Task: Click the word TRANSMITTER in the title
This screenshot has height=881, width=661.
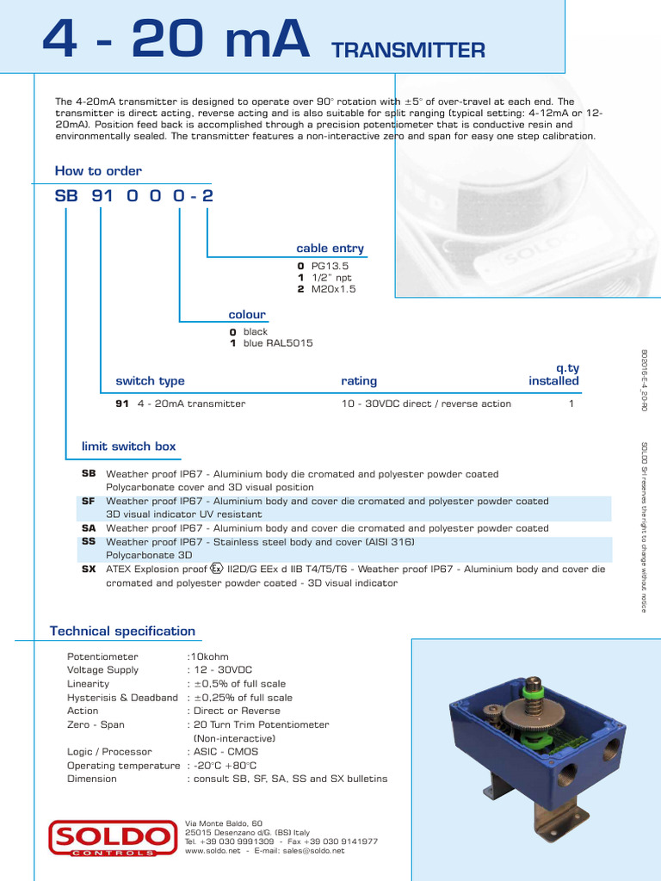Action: tap(408, 51)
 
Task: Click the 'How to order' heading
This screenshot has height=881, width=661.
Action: tap(98, 170)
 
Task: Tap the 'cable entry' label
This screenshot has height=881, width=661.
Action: tap(330, 248)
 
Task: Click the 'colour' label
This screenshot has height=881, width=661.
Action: tap(247, 314)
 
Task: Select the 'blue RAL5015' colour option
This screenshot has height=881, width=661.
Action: tap(277, 343)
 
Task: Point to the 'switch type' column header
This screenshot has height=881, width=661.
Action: tap(150, 380)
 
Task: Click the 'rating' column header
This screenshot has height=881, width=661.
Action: tap(359, 380)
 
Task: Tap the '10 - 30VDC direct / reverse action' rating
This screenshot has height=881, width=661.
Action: tap(426, 404)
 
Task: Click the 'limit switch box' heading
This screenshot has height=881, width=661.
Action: tap(128, 446)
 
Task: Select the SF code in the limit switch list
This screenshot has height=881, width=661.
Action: tap(89, 501)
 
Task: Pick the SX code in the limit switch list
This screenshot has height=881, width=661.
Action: tap(89, 569)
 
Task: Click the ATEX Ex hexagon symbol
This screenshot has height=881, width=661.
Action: tap(217, 568)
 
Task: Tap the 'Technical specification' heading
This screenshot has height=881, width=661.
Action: tap(122, 631)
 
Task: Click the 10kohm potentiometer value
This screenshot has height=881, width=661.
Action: tap(210, 656)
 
